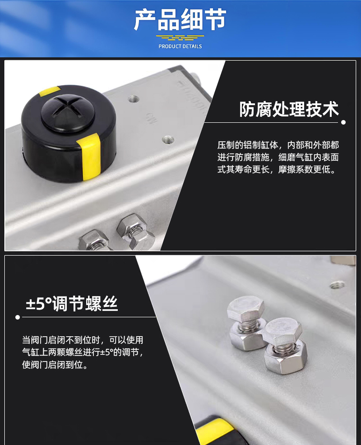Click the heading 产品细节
tap(180, 19)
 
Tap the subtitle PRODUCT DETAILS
tap(180, 46)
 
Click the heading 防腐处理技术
tap(289, 109)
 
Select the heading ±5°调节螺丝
tap(72, 304)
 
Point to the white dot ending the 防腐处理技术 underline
tap(343, 122)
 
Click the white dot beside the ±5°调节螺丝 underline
tap(18, 317)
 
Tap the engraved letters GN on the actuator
tap(150, 118)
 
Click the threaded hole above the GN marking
tap(134, 99)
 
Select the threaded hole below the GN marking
tap(168, 139)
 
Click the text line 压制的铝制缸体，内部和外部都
tap(278, 145)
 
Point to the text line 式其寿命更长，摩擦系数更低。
tap(277, 169)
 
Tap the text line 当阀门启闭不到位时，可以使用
tap(83, 340)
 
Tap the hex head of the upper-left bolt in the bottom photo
tap(246, 309)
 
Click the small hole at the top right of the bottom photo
tap(338, 285)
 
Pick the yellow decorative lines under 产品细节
tap(180, 37)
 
